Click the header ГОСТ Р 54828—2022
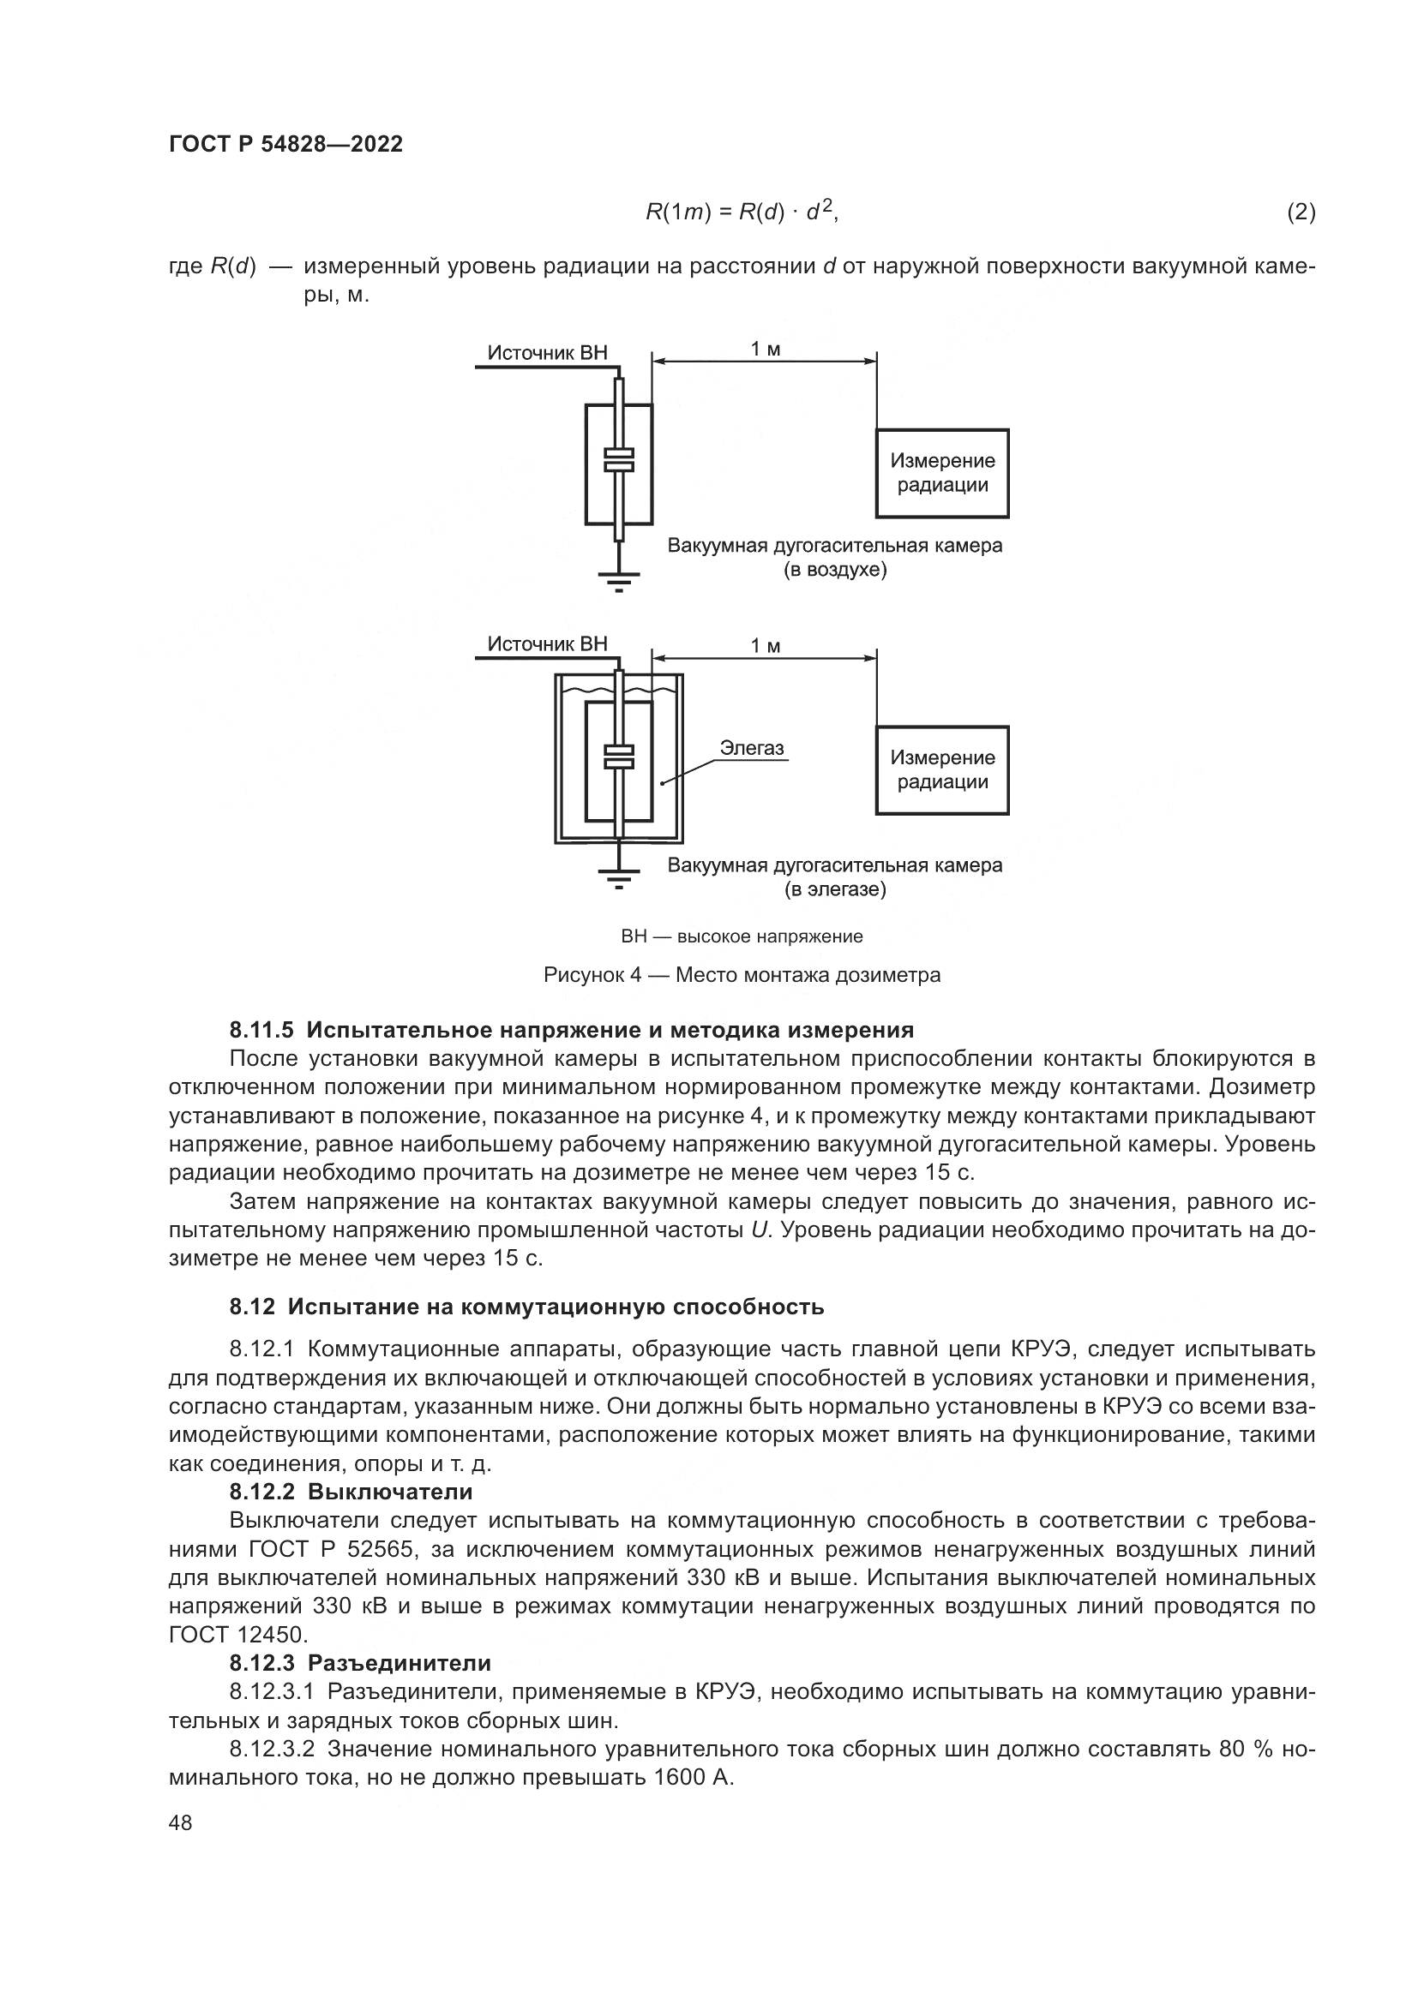click(x=285, y=145)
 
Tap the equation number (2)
click(x=1301, y=212)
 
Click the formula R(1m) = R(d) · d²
click(x=742, y=212)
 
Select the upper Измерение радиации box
click(x=942, y=473)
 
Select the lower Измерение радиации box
click(x=942, y=770)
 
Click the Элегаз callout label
click(x=752, y=747)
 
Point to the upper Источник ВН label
click(x=547, y=353)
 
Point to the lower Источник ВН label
click(x=547, y=644)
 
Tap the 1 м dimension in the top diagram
click(x=766, y=349)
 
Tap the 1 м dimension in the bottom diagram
click(x=766, y=646)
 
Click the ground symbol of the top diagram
click(x=619, y=577)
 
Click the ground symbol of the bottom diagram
click(x=619, y=875)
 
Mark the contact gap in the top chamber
click(x=619, y=460)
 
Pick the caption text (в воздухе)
click(x=835, y=571)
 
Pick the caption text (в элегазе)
click(x=835, y=890)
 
